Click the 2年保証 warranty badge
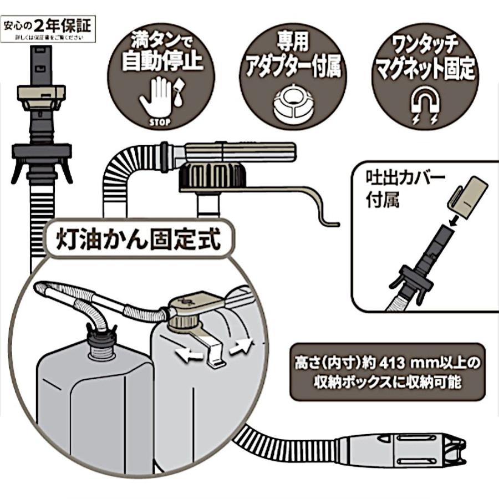tap(49, 29)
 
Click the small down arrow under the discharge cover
tap(451, 221)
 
